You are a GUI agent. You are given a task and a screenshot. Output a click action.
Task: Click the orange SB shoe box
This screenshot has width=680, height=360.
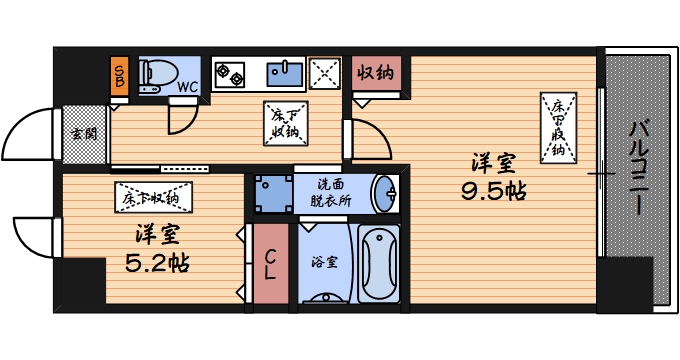click(x=119, y=74)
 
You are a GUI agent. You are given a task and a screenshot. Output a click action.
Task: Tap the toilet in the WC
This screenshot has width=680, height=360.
click(x=156, y=74)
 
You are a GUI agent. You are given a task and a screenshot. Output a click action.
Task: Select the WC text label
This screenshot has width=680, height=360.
click(x=187, y=87)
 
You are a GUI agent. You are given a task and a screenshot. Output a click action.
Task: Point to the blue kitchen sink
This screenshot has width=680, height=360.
click(x=287, y=73)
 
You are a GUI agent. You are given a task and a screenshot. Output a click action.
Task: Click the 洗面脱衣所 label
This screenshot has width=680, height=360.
click(x=333, y=192)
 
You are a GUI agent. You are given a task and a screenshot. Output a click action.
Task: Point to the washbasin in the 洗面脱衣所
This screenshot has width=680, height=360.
click(x=383, y=192)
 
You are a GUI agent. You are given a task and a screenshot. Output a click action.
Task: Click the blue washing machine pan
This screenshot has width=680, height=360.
click(x=271, y=193)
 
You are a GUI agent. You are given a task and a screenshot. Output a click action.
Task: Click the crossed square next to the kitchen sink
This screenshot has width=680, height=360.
click(x=325, y=73)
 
